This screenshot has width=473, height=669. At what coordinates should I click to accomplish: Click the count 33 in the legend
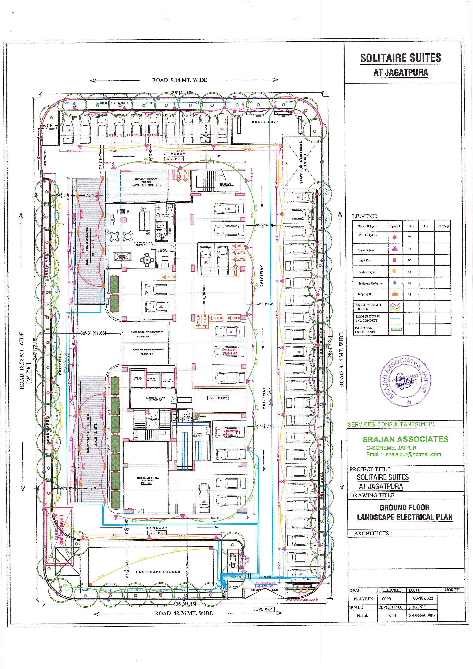(x=409, y=249)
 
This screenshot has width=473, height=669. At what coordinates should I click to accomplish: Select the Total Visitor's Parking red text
(x=136, y=135)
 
